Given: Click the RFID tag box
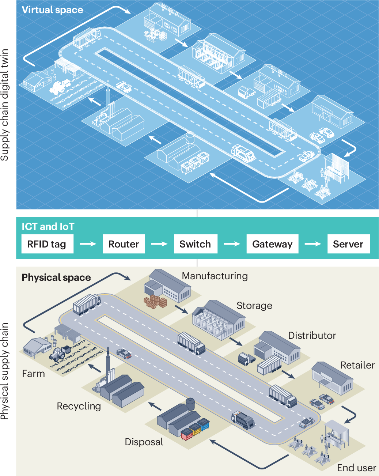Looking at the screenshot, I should pyautogui.click(x=46, y=244).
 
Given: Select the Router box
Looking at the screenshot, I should pyautogui.click(x=124, y=244).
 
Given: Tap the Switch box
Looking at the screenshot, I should pyautogui.click(x=195, y=244).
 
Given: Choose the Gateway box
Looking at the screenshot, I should pyautogui.click(x=272, y=244).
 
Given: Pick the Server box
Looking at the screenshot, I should pyautogui.click(x=348, y=244).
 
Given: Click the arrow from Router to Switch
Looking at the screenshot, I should pyautogui.click(x=159, y=244).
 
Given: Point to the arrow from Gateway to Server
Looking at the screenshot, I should pyautogui.click(x=313, y=244).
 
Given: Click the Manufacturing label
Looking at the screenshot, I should pyautogui.click(x=215, y=276).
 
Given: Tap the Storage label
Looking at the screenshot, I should pyautogui.click(x=254, y=306).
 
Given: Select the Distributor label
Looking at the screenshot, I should pyautogui.click(x=312, y=336).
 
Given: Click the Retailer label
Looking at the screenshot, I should pyautogui.click(x=357, y=365).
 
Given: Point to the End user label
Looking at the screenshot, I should pyautogui.click(x=356, y=468).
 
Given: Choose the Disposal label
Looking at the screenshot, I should pyautogui.click(x=144, y=442).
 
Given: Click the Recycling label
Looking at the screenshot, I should pyautogui.click(x=79, y=406).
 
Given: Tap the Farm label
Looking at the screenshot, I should pyautogui.click(x=34, y=374).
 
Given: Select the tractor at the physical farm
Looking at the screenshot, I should pyautogui.click(x=60, y=353).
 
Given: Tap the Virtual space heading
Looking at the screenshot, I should pyautogui.click(x=52, y=10).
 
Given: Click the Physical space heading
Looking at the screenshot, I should pyautogui.click(x=56, y=277).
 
